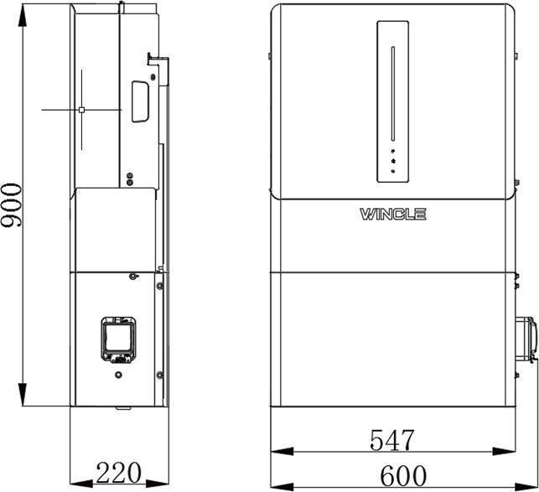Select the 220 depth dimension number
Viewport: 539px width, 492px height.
coord(118,473)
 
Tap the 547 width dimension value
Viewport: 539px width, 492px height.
coord(392,439)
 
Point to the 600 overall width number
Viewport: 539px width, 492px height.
coord(403,475)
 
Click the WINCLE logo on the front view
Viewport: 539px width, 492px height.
coord(393,215)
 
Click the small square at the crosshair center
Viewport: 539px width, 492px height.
coord(81,109)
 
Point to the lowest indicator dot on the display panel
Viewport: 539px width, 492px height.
coord(393,171)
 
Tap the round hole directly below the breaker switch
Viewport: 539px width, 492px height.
coord(119,375)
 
